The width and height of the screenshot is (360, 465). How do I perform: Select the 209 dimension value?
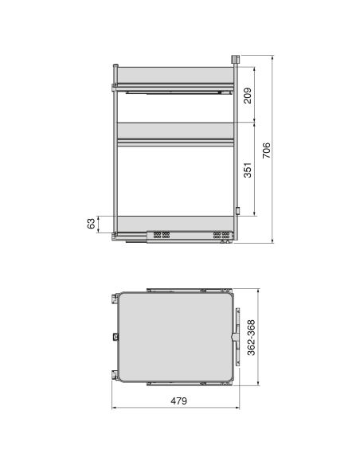pyautogui.click(x=248, y=96)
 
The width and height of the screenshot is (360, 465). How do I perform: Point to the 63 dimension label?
pyautogui.click(x=92, y=223)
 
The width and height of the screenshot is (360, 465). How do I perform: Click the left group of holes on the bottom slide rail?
pyautogui.click(x=162, y=236)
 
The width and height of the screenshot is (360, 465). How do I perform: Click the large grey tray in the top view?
pyautogui.click(x=175, y=335)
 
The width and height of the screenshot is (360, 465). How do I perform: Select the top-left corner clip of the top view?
pyautogui.click(x=112, y=296)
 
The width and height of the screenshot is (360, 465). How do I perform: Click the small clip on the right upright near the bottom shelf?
pyautogui.click(x=237, y=211)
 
